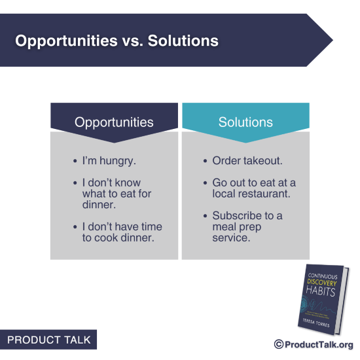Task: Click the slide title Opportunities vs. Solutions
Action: point(117,41)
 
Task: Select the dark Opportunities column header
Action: point(114,122)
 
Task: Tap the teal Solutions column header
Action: point(245,122)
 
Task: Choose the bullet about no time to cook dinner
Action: point(122,232)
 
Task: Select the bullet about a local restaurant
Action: point(254,189)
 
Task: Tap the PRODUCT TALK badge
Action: point(48,340)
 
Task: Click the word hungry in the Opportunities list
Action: point(120,161)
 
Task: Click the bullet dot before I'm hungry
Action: point(75,161)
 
